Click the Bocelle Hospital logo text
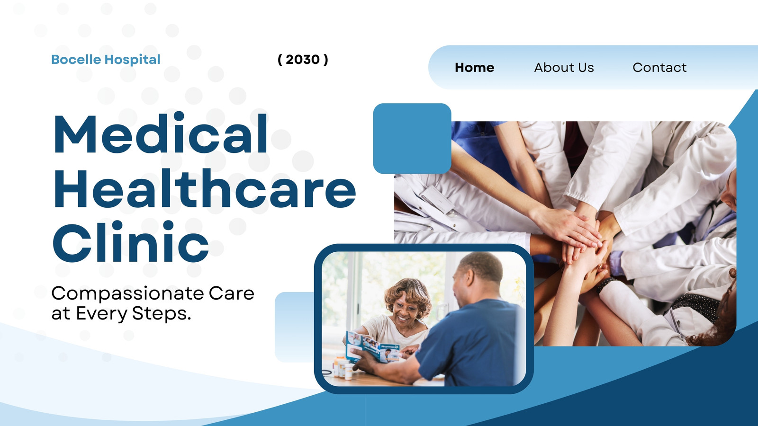[x=106, y=60]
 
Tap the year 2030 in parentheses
[x=303, y=60]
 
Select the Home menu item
[x=474, y=67]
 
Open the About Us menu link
[x=564, y=67]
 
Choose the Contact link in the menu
[x=659, y=67]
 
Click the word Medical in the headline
[x=161, y=133]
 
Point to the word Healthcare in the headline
[x=205, y=188]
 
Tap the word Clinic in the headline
[x=131, y=242]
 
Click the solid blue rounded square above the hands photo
[x=412, y=139]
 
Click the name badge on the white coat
[x=437, y=199]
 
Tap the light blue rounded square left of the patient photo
[x=294, y=327]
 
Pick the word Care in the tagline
[x=232, y=293]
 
